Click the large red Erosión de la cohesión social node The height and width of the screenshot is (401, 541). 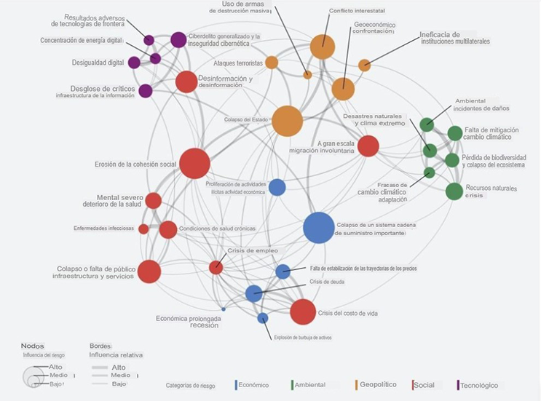point(194,163)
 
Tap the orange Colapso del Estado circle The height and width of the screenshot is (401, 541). point(287,121)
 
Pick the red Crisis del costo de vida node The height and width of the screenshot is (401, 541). point(303,311)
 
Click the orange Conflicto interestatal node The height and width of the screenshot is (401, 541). point(322,47)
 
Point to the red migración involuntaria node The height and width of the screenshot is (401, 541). point(368,146)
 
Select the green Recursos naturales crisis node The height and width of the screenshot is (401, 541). point(454,191)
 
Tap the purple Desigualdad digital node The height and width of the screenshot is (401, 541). point(134,63)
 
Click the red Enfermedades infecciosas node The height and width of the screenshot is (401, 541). point(143,229)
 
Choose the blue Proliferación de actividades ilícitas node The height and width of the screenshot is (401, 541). point(277,187)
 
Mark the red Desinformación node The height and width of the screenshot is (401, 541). point(186,82)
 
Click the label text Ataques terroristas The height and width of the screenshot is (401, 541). point(237,64)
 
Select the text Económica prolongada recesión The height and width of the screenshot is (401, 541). point(187,322)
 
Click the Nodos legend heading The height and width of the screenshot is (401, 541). point(33,346)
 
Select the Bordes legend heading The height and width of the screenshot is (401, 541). point(100,346)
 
